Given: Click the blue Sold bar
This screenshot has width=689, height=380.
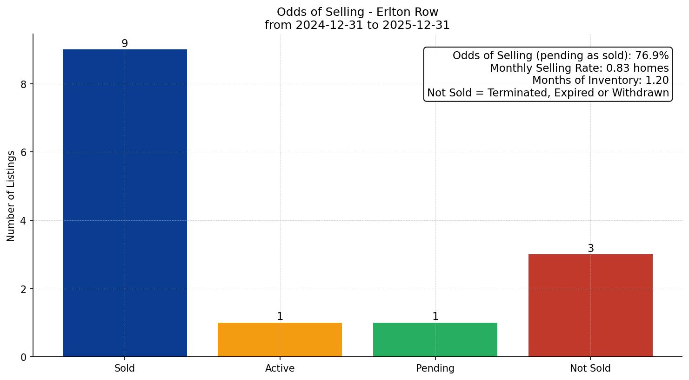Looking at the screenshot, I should [x=125, y=203].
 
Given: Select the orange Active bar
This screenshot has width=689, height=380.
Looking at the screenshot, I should [x=280, y=339].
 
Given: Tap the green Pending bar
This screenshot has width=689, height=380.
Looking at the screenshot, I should [x=435, y=339].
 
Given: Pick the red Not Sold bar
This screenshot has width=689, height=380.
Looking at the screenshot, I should [x=590, y=305].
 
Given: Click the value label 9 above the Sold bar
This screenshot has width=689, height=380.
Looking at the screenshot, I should [x=125, y=43].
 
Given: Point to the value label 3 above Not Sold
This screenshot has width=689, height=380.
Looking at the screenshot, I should [x=590, y=249].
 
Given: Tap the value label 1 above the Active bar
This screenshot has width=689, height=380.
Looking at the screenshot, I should [x=280, y=317].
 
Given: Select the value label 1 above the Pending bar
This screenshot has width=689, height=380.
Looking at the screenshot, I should [x=435, y=317].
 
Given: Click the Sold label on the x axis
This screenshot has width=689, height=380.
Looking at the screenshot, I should [x=125, y=368].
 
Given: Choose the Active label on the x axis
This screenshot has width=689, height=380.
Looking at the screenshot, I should [x=280, y=368].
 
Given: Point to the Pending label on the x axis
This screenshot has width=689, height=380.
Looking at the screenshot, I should [x=435, y=368].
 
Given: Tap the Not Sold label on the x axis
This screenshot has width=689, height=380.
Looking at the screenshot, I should [x=590, y=368].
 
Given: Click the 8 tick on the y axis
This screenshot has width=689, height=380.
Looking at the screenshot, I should [x=24, y=84].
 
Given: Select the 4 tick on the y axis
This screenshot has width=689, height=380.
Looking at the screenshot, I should [x=24, y=221].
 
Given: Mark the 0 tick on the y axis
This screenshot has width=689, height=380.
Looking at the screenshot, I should [x=24, y=357].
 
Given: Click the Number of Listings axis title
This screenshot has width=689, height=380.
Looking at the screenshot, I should [x=11, y=196].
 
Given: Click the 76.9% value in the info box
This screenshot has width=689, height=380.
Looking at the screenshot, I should [x=652, y=56].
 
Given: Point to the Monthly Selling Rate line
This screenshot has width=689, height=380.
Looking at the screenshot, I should [x=579, y=68].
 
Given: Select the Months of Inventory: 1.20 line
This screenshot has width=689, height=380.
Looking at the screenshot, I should [x=600, y=80].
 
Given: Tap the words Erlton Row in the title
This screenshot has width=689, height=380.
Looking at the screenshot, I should [x=409, y=12].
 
